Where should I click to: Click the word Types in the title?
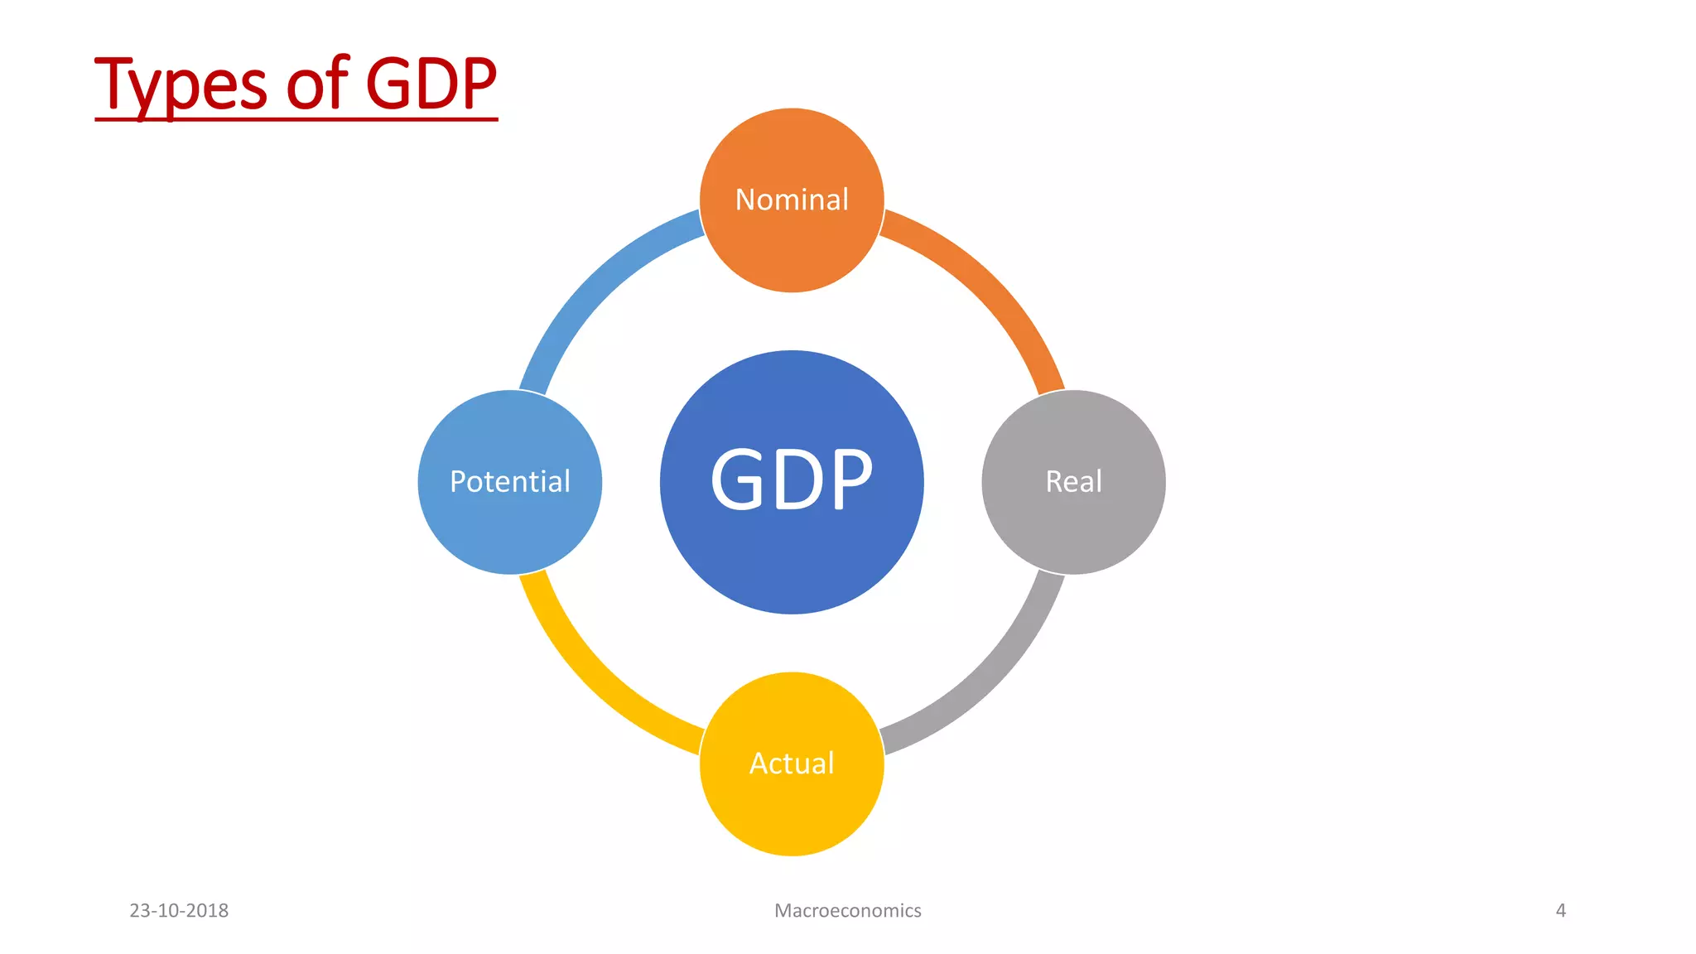(181, 84)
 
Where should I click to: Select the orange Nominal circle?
(792, 240)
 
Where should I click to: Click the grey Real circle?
(1073, 522)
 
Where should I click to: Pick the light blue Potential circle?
(510, 522)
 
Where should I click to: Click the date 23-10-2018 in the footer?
(179, 910)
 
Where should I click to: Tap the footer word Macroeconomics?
(847, 910)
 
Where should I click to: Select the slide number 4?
(1560, 910)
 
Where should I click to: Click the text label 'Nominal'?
(792, 200)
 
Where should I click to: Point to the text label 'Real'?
(1073, 481)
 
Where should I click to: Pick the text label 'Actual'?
(792, 763)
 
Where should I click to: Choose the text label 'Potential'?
(510, 481)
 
